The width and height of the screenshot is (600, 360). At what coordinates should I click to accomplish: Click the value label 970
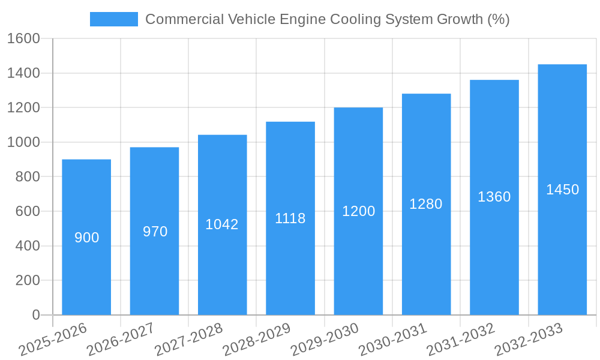click(x=155, y=232)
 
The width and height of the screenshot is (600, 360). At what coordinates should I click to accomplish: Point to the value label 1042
click(x=222, y=224)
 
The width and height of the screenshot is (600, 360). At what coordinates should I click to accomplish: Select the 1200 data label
click(x=358, y=211)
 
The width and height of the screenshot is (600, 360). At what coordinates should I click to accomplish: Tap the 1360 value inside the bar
click(x=494, y=197)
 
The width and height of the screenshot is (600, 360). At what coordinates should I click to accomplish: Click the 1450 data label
click(x=562, y=190)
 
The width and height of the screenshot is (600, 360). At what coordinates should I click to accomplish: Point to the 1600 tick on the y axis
click(x=23, y=38)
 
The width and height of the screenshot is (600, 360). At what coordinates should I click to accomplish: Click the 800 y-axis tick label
click(x=28, y=177)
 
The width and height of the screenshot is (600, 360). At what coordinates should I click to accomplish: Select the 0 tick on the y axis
click(x=36, y=315)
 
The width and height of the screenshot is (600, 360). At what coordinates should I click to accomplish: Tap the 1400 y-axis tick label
click(x=23, y=73)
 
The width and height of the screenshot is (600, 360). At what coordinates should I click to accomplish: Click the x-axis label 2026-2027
click(x=121, y=340)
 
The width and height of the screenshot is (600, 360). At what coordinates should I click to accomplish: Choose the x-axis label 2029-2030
click(x=325, y=340)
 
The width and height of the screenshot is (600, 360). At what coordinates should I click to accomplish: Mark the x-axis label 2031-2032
click(x=461, y=340)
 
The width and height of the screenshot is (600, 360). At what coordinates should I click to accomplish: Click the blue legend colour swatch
click(x=114, y=19)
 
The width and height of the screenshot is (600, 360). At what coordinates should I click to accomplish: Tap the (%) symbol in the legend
click(x=498, y=19)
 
